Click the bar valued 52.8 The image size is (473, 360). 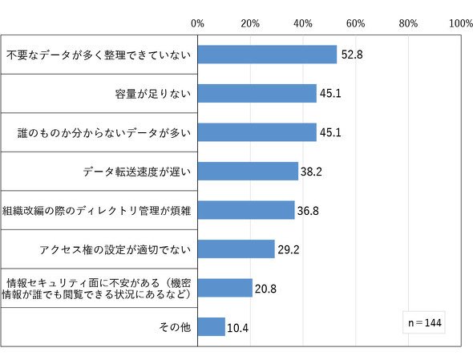(x=267, y=55)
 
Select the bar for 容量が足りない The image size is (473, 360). (x=257, y=94)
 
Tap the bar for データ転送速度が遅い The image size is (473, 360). (x=248, y=172)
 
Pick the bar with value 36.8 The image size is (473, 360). (x=246, y=210)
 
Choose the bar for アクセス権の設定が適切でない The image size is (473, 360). (x=236, y=249)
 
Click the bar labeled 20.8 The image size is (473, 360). (x=225, y=288)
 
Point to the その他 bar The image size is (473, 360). (x=212, y=327)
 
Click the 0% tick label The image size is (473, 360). (x=197, y=23)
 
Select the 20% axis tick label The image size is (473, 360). (x=250, y=23)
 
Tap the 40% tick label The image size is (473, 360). (x=303, y=23)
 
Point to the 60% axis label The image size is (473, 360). (x=356, y=23)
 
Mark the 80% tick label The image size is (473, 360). (x=408, y=23)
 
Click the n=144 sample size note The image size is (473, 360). (x=424, y=323)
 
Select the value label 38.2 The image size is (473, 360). (x=311, y=172)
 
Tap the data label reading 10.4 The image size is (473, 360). (x=238, y=328)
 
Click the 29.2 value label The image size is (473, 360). (x=289, y=250)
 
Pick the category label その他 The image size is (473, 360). (x=175, y=327)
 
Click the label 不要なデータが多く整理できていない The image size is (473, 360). (x=99, y=55)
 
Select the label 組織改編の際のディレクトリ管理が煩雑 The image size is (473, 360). (x=96, y=211)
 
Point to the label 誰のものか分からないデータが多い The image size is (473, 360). (x=104, y=133)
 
